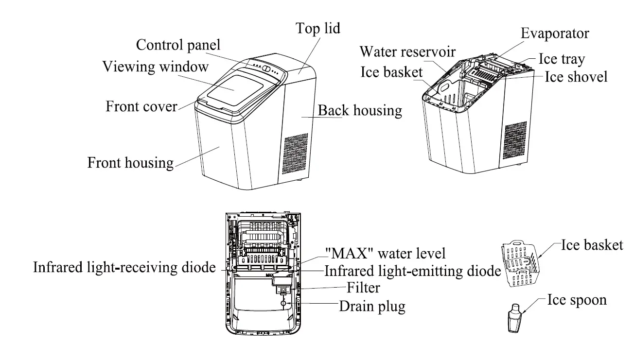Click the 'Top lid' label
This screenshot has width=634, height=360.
318,28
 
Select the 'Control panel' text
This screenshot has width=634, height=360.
178,45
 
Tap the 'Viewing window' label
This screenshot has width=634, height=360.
155,67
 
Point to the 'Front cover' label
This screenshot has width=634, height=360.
141,106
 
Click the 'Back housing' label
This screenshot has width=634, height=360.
360,111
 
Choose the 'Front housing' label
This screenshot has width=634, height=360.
130,162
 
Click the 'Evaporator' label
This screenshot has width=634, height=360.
555,34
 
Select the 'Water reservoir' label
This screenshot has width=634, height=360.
407,51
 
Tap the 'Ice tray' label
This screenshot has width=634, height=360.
562,59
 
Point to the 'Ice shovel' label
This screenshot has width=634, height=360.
576,77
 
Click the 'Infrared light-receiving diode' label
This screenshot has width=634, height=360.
124,268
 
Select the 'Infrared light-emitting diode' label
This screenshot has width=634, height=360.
413,271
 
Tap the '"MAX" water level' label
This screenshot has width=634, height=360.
385,253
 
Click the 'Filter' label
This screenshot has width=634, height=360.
363,288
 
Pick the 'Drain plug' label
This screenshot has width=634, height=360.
371,307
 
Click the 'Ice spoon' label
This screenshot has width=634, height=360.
577,300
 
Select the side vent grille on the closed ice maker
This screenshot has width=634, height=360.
295,154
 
